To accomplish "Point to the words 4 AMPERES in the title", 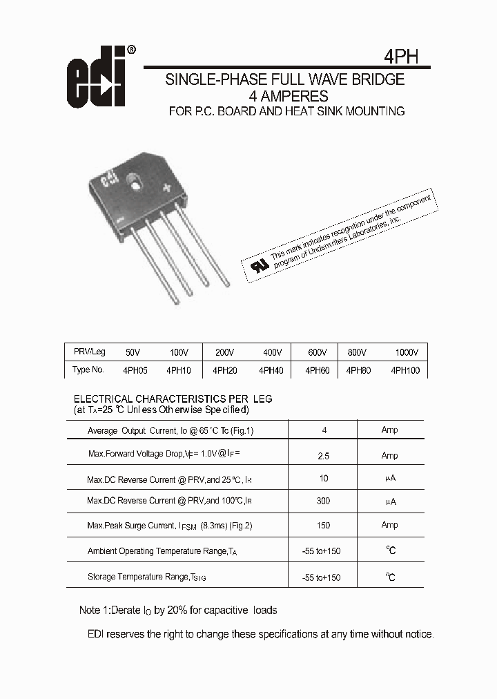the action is pyautogui.click(x=288, y=96).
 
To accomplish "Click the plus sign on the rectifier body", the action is pyautogui.click(x=166, y=186).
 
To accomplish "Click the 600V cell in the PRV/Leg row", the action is pyautogui.click(x=317, y=352).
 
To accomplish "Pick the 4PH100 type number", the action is pyautogui.click(x=405, y=370).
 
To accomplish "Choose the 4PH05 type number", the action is pyautogui.click(x=135, y=370).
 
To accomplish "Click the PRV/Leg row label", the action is pyautogui.click(x=89, y=352).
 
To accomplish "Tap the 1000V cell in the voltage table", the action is pyautogui.click(x=407, y=352).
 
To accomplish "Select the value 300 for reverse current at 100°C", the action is pyautogui.click(x=323, y=501).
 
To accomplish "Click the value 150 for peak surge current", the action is pyautogui.click(x=323, y=525).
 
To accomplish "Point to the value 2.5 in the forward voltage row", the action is pyautogui.click(x=323, y=456).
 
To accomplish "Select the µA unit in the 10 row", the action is pyautogui.click(x=389, y=478).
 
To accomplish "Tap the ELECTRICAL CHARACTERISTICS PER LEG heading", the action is pyautogui.click(x=173, y=399).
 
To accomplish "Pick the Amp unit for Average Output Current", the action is pyautogui.click(x=389, y=430).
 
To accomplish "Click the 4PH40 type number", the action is pyautogui.click(x=271, y=370).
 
